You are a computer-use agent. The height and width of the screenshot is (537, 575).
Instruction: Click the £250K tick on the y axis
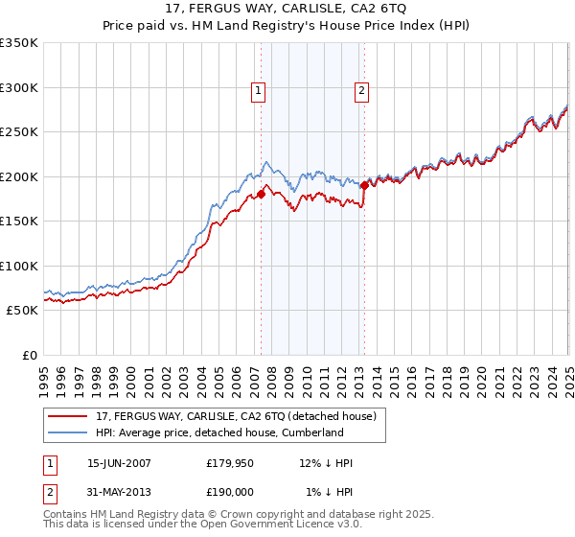pyautogui.click(x=19, y=132)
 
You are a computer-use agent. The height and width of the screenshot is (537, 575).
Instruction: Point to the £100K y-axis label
pyautogui.click(x=19, y=266)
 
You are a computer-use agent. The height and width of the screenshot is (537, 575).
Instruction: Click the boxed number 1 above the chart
pyautogui.click(x=259, y=92)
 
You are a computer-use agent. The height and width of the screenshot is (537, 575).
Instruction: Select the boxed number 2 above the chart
pyautogui.click(x=362, y=92)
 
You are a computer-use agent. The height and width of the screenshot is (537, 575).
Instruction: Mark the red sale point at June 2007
pyautogui.click(x=261, y=195)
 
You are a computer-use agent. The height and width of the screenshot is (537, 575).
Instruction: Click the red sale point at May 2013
pyautogui.click(x=364, y=186)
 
